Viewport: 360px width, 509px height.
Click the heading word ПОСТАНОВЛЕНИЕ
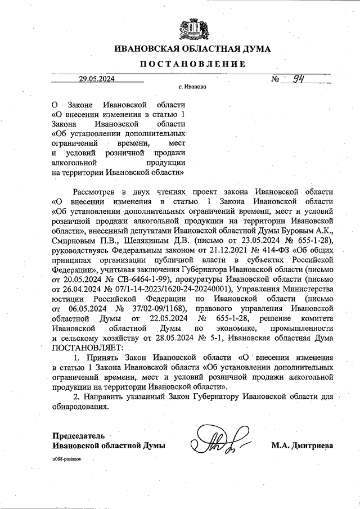pos(192,64)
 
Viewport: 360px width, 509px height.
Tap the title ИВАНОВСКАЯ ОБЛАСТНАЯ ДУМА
pos(192,49)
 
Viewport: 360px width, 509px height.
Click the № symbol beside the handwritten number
pos(276,79)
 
